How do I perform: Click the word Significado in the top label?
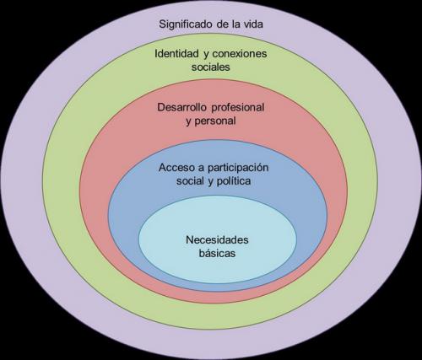pyautogui.click(x=186, y=24)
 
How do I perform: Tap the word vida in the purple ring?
pyautogui.click(x=253, y=24)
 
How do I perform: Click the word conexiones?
pyautogui.click(x=240, y=53)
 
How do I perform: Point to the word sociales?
pyautogui.click(x=211, y=67)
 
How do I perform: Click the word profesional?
pyautogui.click(x=238, y=107)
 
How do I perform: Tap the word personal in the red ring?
pyautogui.click(x=215, y=121)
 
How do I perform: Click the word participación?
pyautogui.click(x=238, y=168)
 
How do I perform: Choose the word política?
pyautogui.click(x=234, y=181)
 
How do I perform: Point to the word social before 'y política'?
pyautogui.click(x=191, y=180)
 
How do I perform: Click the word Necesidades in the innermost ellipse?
pyautogui.click(x=217, y=239)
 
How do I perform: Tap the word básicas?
pyautogui.click(x=217, y=253)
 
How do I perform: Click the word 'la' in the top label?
pyautogui.click(x=235, y=24)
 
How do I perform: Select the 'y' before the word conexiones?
pyautogui.click(x=206, y=54)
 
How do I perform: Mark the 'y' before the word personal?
pyautogui.click(x=188, y=122)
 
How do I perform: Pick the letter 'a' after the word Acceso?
pyautogui.click(x=201, y=169)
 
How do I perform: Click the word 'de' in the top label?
pyautogui.click(x=222, y=24)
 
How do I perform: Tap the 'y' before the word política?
pyautogui.click(x=211, y=182)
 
